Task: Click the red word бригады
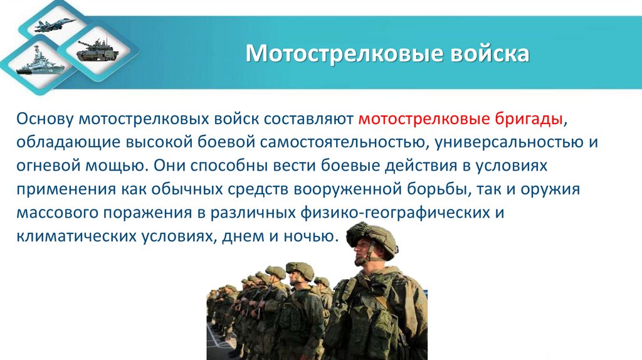coord(532,119)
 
